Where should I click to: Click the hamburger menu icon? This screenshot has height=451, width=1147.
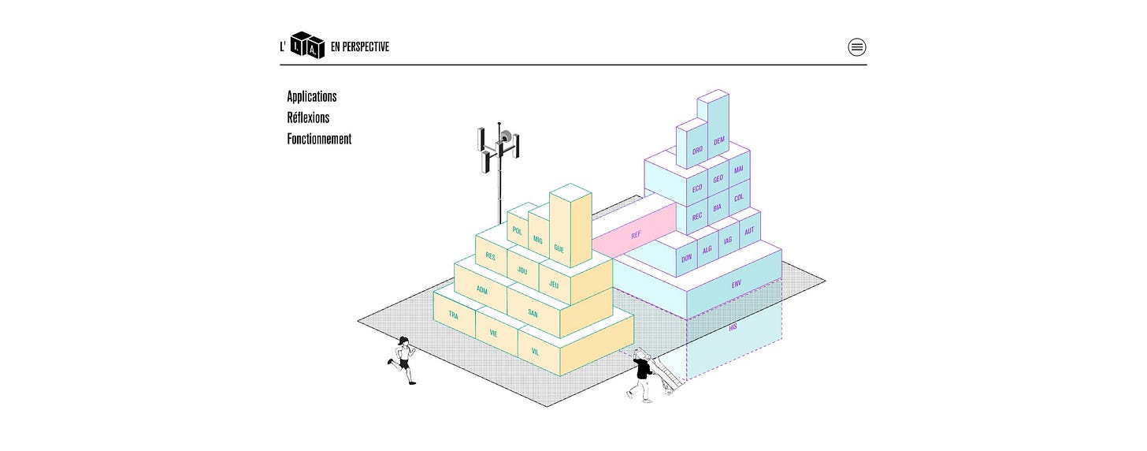(x=857, y=47)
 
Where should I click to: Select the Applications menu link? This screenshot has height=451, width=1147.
(x=311, y=97)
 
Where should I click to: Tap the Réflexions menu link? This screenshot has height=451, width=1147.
(x=308, y=118)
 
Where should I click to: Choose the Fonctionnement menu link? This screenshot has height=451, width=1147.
(x=319, y=140)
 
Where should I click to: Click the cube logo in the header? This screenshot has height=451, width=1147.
(x=306, y=45)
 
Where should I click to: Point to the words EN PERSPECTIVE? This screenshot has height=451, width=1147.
(x=360, y=47)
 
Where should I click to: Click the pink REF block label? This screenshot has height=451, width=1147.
(x=636, y=235)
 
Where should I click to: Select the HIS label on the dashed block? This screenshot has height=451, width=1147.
(x=733, y=326)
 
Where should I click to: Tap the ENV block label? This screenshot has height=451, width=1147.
(x=737, y=284)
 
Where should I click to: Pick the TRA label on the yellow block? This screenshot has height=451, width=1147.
(x=453, y=315)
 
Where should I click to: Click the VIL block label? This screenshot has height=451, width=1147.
(x=536, y=352)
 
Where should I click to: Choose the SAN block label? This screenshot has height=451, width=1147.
(x=533, y=313)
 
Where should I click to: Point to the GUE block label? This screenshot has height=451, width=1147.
(x=559, y=248)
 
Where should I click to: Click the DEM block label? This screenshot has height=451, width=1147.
(x=718, y=141)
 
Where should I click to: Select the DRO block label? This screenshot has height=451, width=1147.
(x=697, y=150)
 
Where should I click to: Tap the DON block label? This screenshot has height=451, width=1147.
(x=686, y=259)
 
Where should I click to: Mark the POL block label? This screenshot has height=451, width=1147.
(x=517, y=231)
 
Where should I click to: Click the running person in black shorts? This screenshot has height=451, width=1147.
(x=404, y=360)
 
